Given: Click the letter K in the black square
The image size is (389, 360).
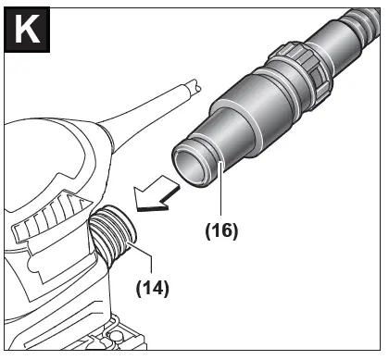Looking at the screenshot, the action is click(27, 30).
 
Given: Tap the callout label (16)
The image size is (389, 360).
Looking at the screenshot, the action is click(221, 230).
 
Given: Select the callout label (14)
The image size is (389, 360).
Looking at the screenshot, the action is click(153, 289).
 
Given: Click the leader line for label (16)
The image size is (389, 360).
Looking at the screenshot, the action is click(221, 188).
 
